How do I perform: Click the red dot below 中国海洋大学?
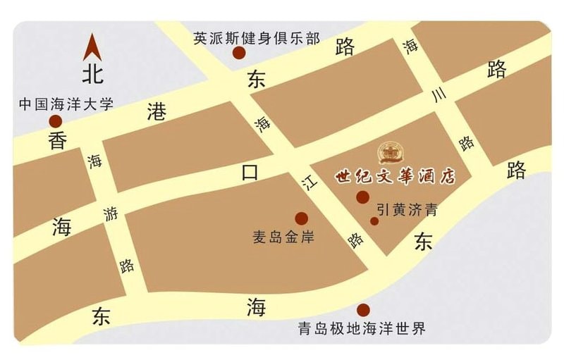(x=55, y=121)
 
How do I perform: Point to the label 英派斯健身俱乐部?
(x=257, y=38)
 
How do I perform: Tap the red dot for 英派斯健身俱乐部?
(x=239, y=53)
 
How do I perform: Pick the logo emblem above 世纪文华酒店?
(x=388, y=152)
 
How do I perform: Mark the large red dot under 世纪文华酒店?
(x=363, y=197)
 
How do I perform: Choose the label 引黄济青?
(x=406, y=209)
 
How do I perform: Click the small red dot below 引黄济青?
(x=374, y=221)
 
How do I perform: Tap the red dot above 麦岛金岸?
(x=301, y=218)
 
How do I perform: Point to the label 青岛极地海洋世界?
(x=362, y=329)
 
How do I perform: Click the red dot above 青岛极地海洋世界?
(x=363, y=310)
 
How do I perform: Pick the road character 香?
(x=57, y=141)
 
